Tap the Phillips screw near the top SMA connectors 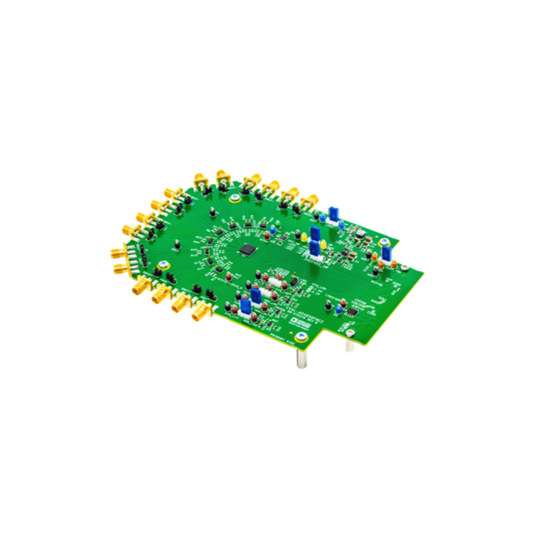click(235, 198)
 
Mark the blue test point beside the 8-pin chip click(338, 309)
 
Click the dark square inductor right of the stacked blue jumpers click(346, 252)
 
